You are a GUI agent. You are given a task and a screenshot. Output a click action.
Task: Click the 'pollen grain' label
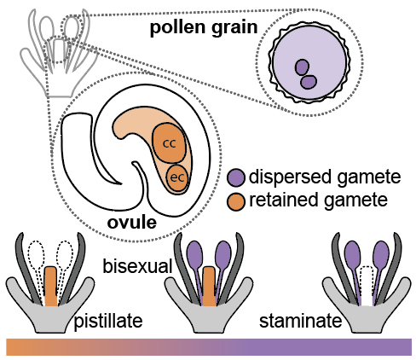point(204,27)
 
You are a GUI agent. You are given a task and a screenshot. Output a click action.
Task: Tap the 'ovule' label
point(132,223)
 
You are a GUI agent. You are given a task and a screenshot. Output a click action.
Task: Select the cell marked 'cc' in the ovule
point(170,142)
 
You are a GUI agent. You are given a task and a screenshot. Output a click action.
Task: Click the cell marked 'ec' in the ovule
point(177,178)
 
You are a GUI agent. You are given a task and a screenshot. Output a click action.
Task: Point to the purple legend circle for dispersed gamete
point(236,177)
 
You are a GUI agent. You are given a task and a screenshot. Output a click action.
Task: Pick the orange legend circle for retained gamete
point(236,201)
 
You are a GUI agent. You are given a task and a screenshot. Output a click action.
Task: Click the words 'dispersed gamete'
point(325,177)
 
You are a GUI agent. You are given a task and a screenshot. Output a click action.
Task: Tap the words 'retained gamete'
point(318,200)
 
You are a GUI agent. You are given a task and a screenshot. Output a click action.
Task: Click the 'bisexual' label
point(137,267)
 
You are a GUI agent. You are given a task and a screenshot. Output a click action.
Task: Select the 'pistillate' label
point(108,322)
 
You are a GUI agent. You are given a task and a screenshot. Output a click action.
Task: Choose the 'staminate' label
point(300,321)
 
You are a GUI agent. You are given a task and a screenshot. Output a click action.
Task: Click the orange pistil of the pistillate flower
point(51,286)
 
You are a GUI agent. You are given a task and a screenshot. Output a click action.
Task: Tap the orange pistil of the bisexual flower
point(209,286)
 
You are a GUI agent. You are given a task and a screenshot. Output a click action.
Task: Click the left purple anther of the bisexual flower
point(195,255)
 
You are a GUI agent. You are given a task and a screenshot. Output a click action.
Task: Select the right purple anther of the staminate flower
point(381,255)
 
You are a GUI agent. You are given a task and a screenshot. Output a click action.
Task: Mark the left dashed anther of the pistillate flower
point(37,255)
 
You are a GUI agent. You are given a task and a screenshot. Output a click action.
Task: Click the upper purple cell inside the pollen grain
point(302,67)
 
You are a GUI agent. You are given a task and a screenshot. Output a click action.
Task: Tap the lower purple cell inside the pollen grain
point(309,82)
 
